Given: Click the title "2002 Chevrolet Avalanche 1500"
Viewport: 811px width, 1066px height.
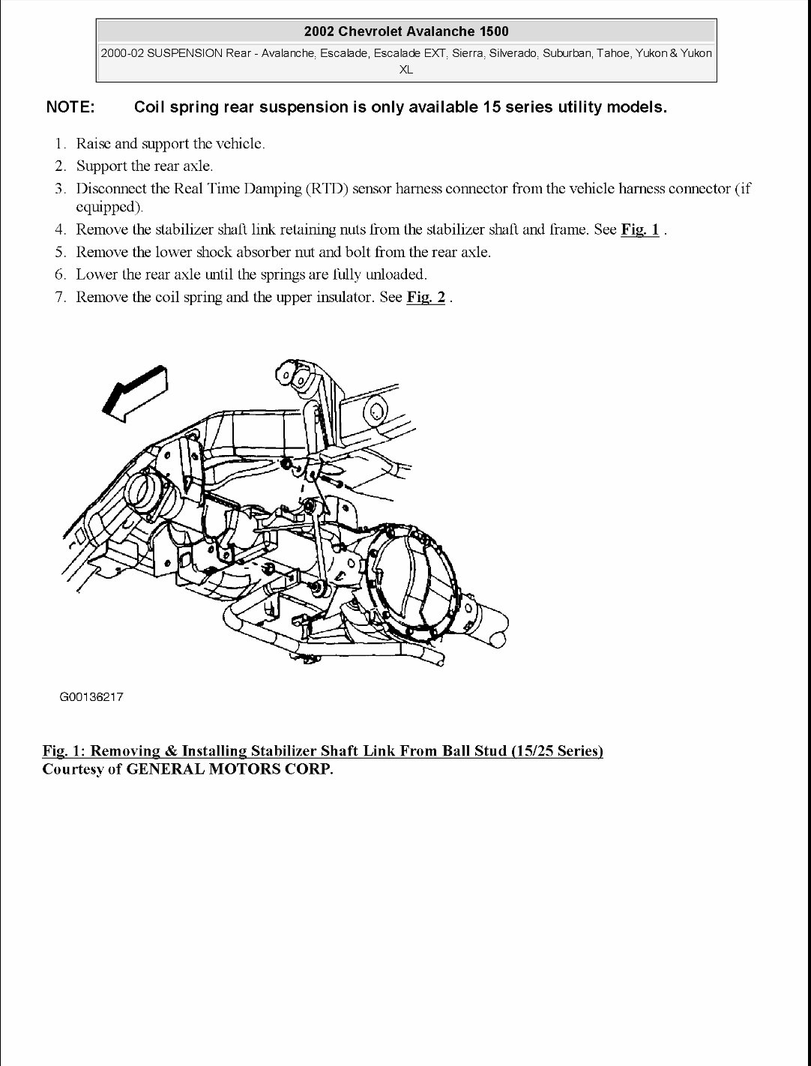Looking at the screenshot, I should point(405,31).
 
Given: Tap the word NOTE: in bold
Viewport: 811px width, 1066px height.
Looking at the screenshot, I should point(70,107).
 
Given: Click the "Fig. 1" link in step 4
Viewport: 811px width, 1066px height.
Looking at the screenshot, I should point(639,229).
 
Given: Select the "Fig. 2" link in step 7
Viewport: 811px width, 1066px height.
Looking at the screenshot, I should point(425,297).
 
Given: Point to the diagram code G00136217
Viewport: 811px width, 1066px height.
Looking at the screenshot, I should point(91,697).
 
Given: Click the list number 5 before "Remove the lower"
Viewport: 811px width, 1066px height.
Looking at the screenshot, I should point(60,252).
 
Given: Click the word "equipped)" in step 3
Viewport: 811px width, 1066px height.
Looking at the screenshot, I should point(109,207).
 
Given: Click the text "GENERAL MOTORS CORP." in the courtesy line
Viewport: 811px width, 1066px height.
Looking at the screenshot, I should point(229,769).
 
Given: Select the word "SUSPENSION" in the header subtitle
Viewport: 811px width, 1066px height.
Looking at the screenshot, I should point(184,53).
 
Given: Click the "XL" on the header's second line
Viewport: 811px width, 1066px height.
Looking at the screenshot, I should point(405,70).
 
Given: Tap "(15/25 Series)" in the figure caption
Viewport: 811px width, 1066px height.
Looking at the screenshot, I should point(557,750).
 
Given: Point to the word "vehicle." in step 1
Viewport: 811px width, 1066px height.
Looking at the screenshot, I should point(240,143).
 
